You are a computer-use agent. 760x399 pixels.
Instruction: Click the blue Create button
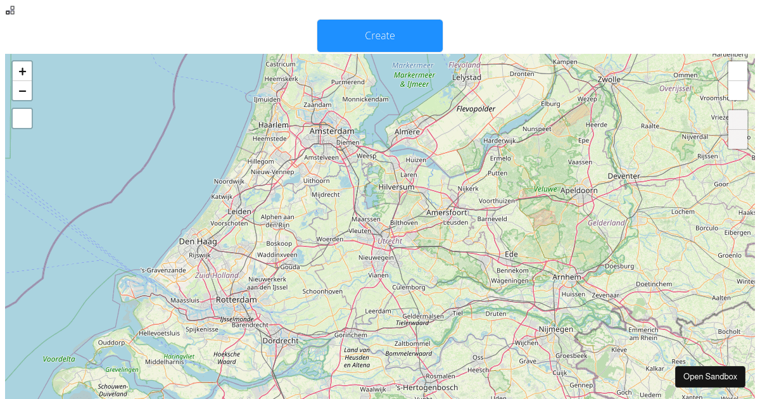[380, 35]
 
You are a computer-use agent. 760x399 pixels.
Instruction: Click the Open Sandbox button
[710, 377]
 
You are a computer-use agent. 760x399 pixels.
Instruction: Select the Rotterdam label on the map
[236, 300]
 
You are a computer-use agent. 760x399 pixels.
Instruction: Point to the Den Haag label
[198, 241]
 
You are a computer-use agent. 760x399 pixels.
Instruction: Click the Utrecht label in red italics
[389, 241]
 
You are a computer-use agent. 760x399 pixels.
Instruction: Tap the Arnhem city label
[566, 277]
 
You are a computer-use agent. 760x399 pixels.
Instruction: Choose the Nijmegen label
[555, 329]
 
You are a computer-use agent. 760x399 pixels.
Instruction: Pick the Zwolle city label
[609, 80]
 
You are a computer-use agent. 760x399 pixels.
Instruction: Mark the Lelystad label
[467, 77]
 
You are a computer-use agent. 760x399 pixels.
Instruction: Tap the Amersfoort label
[446, 212]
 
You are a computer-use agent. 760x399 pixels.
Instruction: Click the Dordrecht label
[280, 341]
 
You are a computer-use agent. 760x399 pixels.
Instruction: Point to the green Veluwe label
[545, 189]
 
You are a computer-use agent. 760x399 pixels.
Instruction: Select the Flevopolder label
[476, 109]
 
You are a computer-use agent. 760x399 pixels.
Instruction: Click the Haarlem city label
[274, 125]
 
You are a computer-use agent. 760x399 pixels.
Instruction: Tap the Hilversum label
[396, 187]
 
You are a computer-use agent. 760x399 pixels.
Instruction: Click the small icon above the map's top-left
[10, 10]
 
